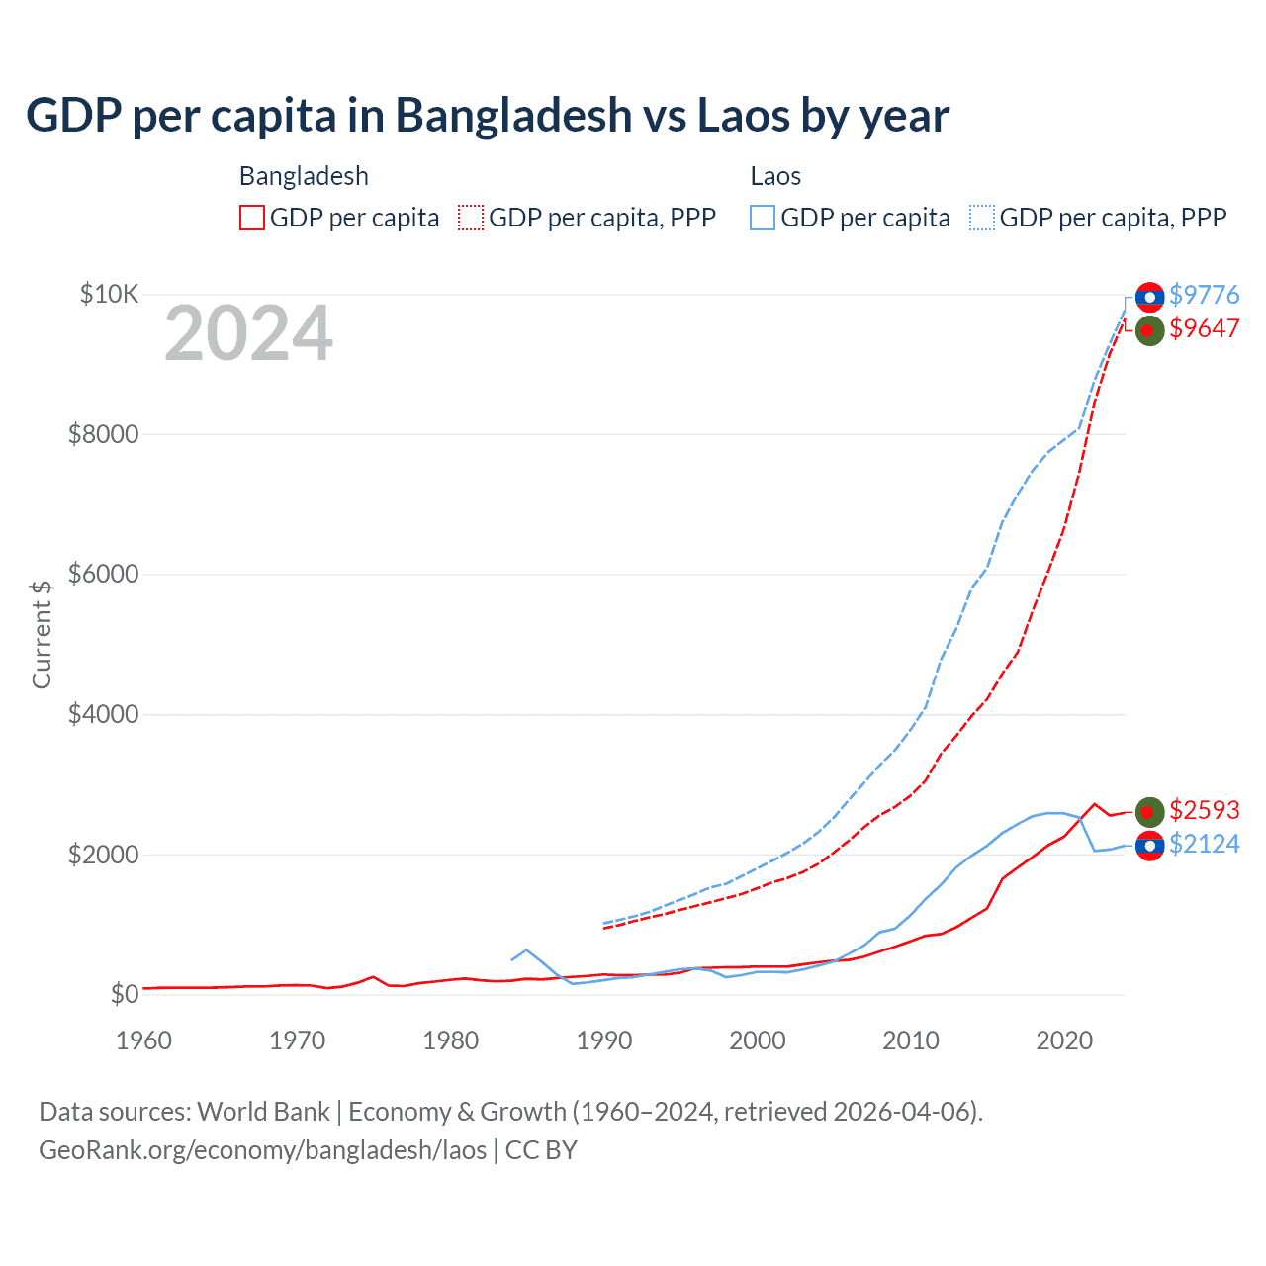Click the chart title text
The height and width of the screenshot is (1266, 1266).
(488, 116)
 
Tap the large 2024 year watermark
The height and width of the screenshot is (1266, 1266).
(248, 334)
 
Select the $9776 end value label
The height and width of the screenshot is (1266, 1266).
(1204, 295)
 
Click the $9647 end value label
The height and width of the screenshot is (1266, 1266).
(1204, 328)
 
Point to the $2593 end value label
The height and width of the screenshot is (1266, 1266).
(1204, 810)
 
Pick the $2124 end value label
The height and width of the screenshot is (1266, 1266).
(1204, 844)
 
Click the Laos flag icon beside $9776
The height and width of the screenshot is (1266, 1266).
(1149, 297)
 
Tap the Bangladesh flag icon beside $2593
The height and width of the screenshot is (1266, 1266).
(1149, 812)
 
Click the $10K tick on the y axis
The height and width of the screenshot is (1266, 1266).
(110, 294)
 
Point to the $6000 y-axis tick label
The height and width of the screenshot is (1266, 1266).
(103, 574)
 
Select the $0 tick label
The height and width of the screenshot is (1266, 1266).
(124, 994)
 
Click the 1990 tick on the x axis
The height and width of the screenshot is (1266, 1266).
(604, 1040)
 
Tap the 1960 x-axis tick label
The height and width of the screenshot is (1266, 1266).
(144, 1040)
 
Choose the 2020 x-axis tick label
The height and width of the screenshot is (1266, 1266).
(1064, 1040)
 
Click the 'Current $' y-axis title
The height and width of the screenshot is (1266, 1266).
(42, 634)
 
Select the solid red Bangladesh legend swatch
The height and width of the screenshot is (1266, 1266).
(252, 218)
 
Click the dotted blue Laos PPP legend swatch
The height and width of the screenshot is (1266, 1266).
(982, 218)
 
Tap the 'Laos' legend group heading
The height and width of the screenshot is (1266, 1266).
(775, 176)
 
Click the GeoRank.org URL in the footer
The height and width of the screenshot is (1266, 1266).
(262, 1150)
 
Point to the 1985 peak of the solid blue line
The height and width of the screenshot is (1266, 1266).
(526, 949)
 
